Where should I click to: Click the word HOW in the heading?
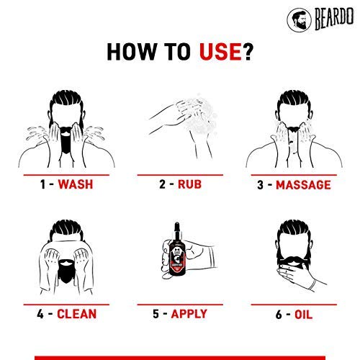tap(135, 52)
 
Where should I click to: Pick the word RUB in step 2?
tap(190, 185)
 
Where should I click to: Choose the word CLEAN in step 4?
tap(76, 314)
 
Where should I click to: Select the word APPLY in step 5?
tap(189, 314)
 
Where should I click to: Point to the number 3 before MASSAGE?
tap(262, 185)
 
